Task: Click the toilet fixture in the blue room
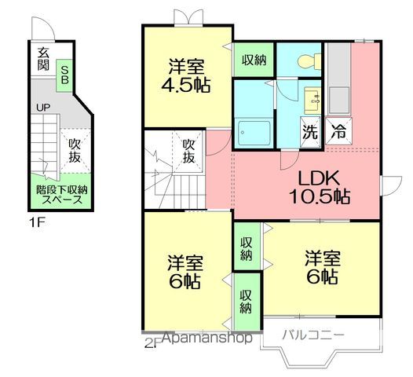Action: point(309,61)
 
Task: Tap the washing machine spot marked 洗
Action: point(310,132)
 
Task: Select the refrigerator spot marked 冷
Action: point(338,131)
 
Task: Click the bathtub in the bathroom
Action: point(254,133)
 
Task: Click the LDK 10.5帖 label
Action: point(320,187)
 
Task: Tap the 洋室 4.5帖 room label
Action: point(186,76)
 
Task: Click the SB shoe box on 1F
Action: point(64,75)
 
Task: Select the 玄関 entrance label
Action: point(43,59)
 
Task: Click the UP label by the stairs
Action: point(43,108)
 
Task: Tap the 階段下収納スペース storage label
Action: point(62,195)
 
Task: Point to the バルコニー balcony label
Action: point(313,335)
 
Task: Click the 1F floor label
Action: point(37,223)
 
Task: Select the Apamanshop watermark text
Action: point(206,338)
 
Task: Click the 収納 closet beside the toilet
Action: point(254,60)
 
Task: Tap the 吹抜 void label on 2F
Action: point(188,151)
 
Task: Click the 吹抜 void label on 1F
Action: point(75,150)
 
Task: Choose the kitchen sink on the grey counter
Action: point(339,101)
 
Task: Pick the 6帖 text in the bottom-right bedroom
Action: point(322,276)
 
